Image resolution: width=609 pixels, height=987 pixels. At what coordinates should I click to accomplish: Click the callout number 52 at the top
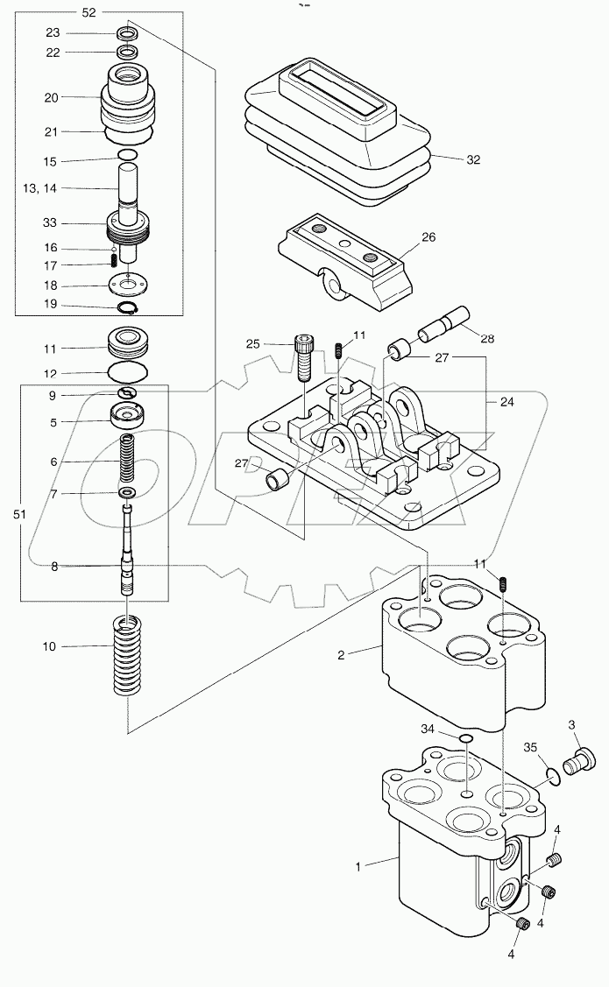(114, 12)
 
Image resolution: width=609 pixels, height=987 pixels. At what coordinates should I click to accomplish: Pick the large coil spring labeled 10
(128, 655)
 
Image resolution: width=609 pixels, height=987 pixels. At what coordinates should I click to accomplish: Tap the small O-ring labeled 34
(466, 741)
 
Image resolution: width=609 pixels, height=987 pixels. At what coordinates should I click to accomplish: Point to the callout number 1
(358, 866)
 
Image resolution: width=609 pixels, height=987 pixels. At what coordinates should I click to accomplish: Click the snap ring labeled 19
(128, 306)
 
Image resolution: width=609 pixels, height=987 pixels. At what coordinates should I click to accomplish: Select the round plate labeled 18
(128, 285)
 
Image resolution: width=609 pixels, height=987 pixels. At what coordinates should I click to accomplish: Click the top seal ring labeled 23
(128, 33)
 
